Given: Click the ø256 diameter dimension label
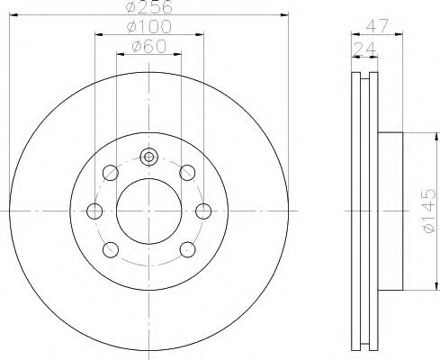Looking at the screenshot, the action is [x=149, y=6].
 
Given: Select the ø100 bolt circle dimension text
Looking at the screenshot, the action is [x=149, y=26].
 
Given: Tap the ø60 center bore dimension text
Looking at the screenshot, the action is [x=148, y=46].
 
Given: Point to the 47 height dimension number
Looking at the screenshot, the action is [x=377, y=26].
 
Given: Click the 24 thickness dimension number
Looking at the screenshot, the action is [x=364, y=49].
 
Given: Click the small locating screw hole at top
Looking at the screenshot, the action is [x=148, y=157].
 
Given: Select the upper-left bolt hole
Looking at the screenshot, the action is [x=111, y=173].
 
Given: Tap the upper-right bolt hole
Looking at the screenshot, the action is [x=187, y=173].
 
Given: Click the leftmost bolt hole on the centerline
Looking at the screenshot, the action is [x=94, y=211].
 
